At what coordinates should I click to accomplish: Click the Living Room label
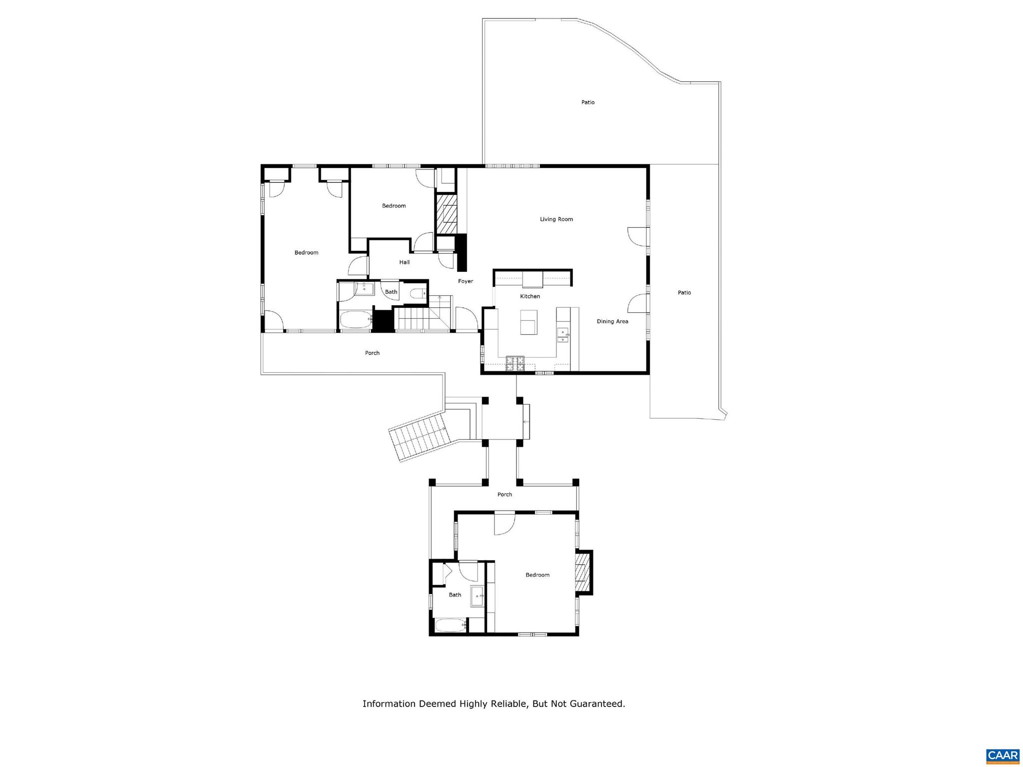pos(556,219)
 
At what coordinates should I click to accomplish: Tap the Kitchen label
pos(530,296)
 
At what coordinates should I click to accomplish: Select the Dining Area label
pos(612,321)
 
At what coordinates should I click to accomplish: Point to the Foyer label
pos(466,281)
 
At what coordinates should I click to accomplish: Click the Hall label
pos(404,262)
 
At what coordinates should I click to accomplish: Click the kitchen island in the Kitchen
pos(528,322)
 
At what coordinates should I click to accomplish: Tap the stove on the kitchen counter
pos(515,363)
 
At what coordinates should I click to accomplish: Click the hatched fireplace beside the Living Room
pos(447,214)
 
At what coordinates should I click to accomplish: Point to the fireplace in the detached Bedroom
pos(582,572)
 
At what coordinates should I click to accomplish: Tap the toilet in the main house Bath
pos(417,293)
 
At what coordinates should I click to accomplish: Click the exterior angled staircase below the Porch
pos(418,436)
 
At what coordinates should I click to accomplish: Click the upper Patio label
pos(588,102)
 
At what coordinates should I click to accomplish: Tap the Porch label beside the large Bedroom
pos(372,353)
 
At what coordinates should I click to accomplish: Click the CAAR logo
pos(1003,756)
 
